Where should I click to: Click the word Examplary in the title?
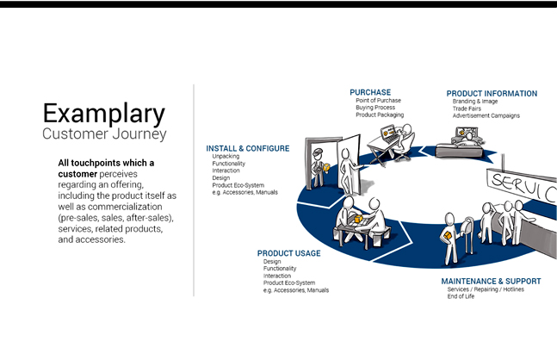(x=103, y=114)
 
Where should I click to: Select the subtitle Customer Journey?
(x=104, y=134)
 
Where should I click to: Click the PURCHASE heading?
(x=370, y=92)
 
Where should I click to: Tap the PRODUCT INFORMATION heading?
(x=492, y=94)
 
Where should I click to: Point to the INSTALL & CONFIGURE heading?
(x=248, y=148)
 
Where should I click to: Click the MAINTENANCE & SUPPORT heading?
(x=491, y=281)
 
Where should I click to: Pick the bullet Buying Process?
(x=376, y=108)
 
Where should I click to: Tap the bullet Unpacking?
(x=226, y=157)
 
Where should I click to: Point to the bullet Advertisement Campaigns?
(x=486, y=115)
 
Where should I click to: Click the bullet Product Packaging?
(x=379, y=115)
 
